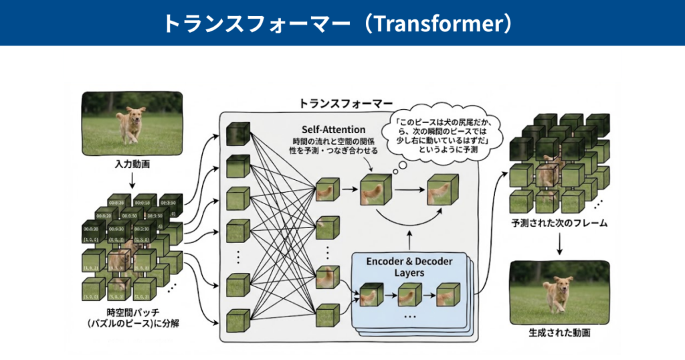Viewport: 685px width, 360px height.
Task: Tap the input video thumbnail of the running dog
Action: [132, 119]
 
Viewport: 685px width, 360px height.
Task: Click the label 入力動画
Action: [132, 163]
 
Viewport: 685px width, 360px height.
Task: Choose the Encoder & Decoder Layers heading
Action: [409, 266]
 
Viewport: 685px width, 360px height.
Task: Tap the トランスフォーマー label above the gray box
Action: [346, 104]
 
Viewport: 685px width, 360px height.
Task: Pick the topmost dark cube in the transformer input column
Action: [238, 134]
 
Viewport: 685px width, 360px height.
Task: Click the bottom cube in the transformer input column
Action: [238, 320]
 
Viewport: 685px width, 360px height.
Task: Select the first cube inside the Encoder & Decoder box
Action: [370, 295]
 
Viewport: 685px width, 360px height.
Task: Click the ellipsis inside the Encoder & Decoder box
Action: [409, 315]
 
